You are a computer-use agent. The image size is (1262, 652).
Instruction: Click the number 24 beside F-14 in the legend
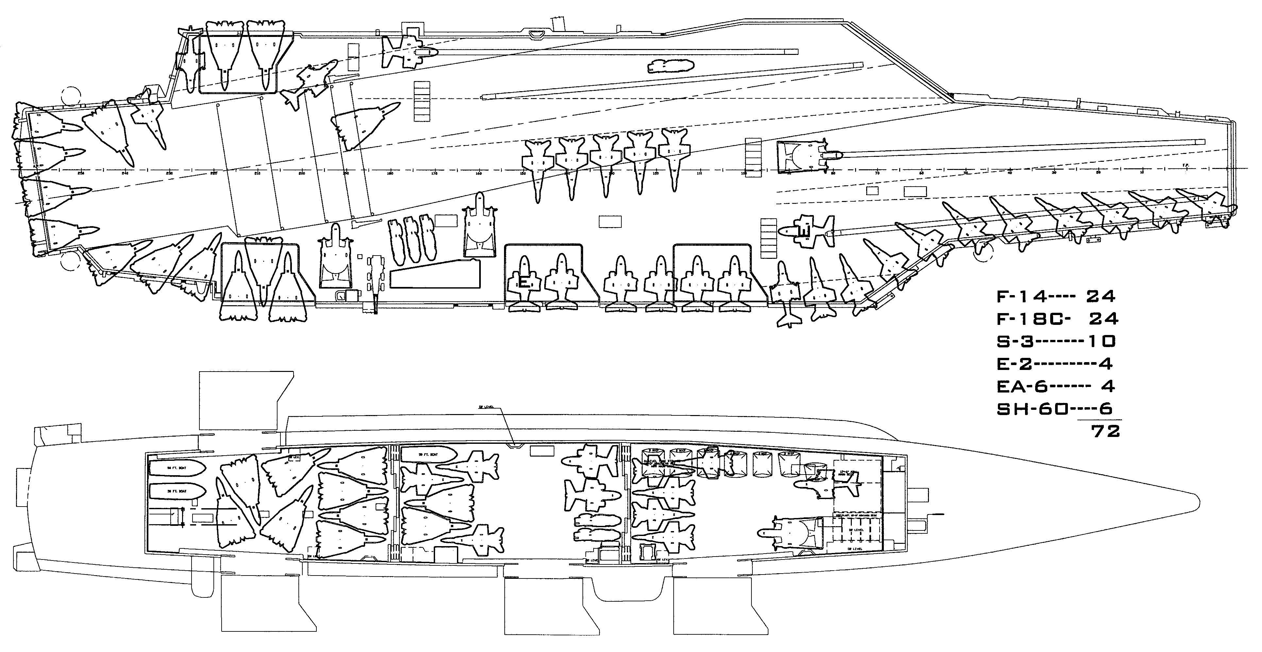(x=1100, y=296)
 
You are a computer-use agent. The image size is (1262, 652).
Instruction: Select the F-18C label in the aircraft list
(x=1033, y=319)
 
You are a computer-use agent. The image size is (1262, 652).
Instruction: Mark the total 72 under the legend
(x=1105, y=432)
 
